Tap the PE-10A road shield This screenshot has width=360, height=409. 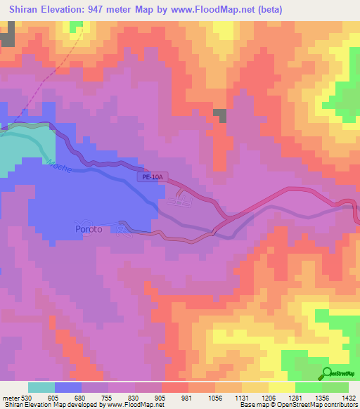point(149,179)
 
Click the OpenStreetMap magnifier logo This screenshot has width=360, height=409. point(328,372)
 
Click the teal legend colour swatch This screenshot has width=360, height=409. point(41,387)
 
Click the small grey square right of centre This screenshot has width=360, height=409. point(220,116)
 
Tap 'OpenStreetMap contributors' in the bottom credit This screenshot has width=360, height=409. point(321,405)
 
